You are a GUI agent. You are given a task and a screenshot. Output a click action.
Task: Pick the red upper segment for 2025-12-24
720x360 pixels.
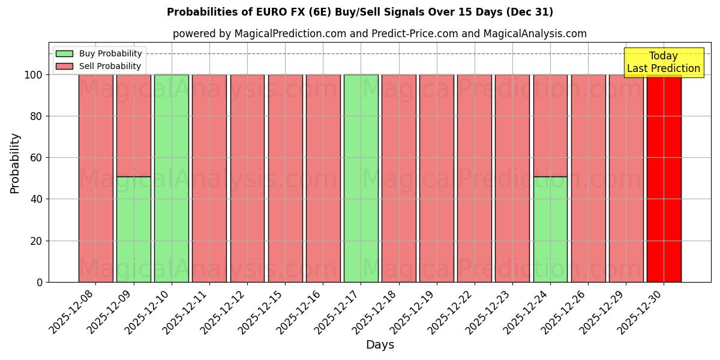(x=550, y=125)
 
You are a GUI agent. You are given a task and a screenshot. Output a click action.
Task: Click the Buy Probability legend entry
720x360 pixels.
(x=99, y=53)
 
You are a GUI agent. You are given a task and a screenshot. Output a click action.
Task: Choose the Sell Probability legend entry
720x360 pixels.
(x=99, y=66)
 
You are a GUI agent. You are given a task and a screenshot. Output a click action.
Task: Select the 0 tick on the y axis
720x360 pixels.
(x=40, y=282)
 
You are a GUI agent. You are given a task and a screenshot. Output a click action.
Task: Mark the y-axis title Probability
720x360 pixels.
(x=15, y=163)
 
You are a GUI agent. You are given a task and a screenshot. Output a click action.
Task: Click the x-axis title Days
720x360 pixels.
(x=380, y=345)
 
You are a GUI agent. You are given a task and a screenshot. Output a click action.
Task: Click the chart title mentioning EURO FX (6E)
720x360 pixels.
(x=360, y=12)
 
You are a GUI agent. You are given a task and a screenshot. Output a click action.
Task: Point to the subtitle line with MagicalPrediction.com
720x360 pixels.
(x=380, y=34)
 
